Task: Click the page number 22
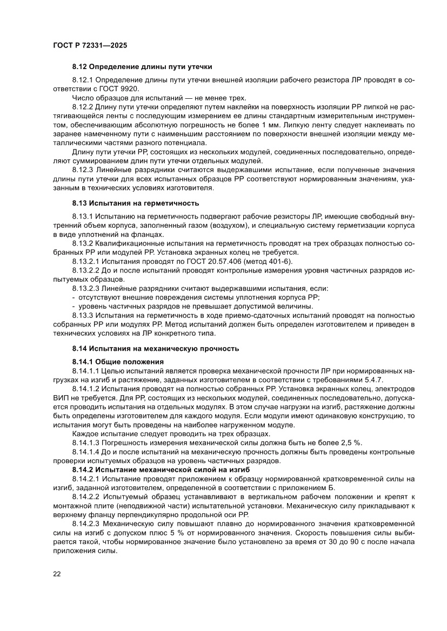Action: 57,573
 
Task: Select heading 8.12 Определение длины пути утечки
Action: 142,67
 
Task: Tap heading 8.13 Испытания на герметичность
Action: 136,203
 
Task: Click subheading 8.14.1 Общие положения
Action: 118,361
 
